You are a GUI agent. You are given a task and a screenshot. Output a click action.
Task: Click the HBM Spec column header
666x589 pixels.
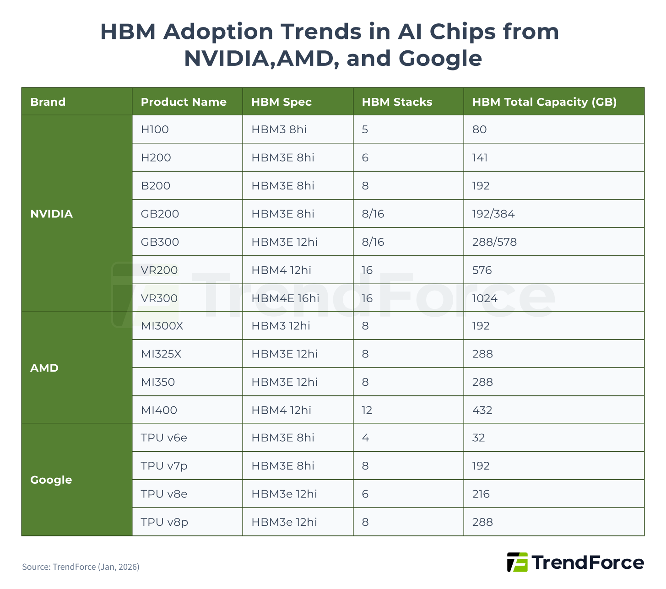tap(281, 102)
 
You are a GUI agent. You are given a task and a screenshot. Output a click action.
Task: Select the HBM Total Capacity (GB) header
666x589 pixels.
tap(544, 102)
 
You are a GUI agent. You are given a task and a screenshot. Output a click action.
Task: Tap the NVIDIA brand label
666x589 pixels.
tap(51, 214)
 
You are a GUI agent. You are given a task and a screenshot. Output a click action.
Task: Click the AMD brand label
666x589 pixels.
tap(44, 368)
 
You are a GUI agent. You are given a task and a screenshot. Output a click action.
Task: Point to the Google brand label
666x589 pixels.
tap(51, 480)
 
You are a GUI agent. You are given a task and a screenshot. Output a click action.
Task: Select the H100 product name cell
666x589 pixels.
tap(155, 130)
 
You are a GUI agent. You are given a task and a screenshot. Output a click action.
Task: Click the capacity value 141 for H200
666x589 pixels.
tap(480, 158)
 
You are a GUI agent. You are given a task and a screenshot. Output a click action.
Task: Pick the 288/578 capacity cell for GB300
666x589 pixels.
tap(494, 242)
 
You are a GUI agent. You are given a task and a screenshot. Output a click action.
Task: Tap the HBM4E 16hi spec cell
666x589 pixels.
tap(285, 298)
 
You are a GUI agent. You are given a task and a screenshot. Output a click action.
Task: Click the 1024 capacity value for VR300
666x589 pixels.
tap(484, 298)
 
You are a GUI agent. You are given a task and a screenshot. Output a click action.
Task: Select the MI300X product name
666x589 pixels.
tap(162, 326)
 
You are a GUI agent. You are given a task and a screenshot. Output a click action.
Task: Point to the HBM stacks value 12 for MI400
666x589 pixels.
tap(367, 410)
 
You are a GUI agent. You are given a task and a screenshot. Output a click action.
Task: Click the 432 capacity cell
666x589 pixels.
tap(482, 410)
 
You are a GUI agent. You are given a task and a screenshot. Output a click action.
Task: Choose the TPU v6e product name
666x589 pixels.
tap(164, 438)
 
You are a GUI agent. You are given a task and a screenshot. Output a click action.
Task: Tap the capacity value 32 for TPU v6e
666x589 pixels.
tap(478, 438)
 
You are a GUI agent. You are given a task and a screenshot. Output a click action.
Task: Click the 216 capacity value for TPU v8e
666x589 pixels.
tap(481, 494)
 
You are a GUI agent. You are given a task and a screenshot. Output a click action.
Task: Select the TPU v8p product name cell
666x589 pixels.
tap(164, 522)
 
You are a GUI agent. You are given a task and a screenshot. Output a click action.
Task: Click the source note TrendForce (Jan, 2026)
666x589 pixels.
tap(81, 567)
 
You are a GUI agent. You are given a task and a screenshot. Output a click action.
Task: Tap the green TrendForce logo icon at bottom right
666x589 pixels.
tap(517, 562)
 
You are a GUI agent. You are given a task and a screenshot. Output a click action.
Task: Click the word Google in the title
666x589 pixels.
tap(440, 59)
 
